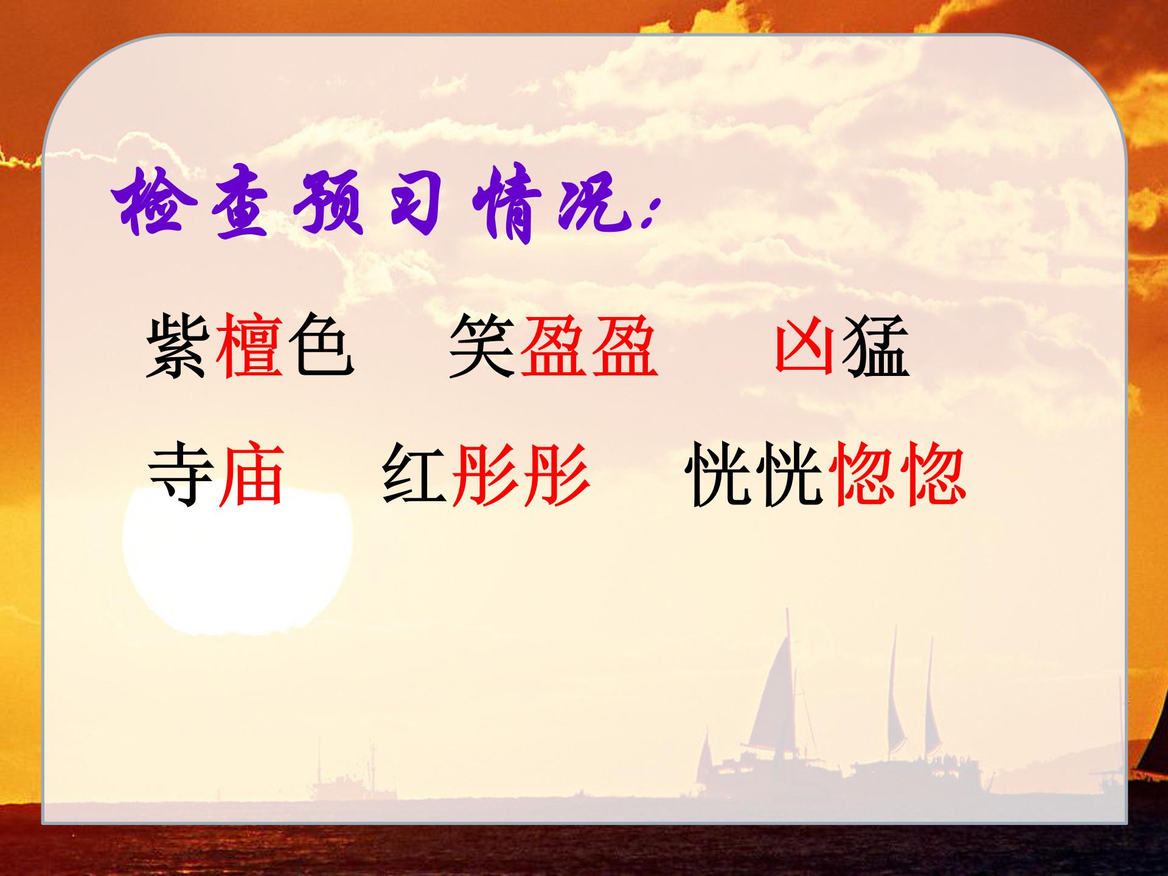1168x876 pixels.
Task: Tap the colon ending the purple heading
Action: coord(650,213)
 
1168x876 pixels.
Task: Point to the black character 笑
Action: coord(482,345)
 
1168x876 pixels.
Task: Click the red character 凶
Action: coord(804,345)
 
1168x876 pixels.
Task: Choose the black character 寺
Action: coord(181,474)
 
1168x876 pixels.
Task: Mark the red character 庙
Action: coord(251,474)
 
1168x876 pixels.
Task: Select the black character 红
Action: coord(415,474)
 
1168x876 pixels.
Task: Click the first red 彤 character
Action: coord(485,474)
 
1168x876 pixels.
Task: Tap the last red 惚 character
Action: coord(933,474)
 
